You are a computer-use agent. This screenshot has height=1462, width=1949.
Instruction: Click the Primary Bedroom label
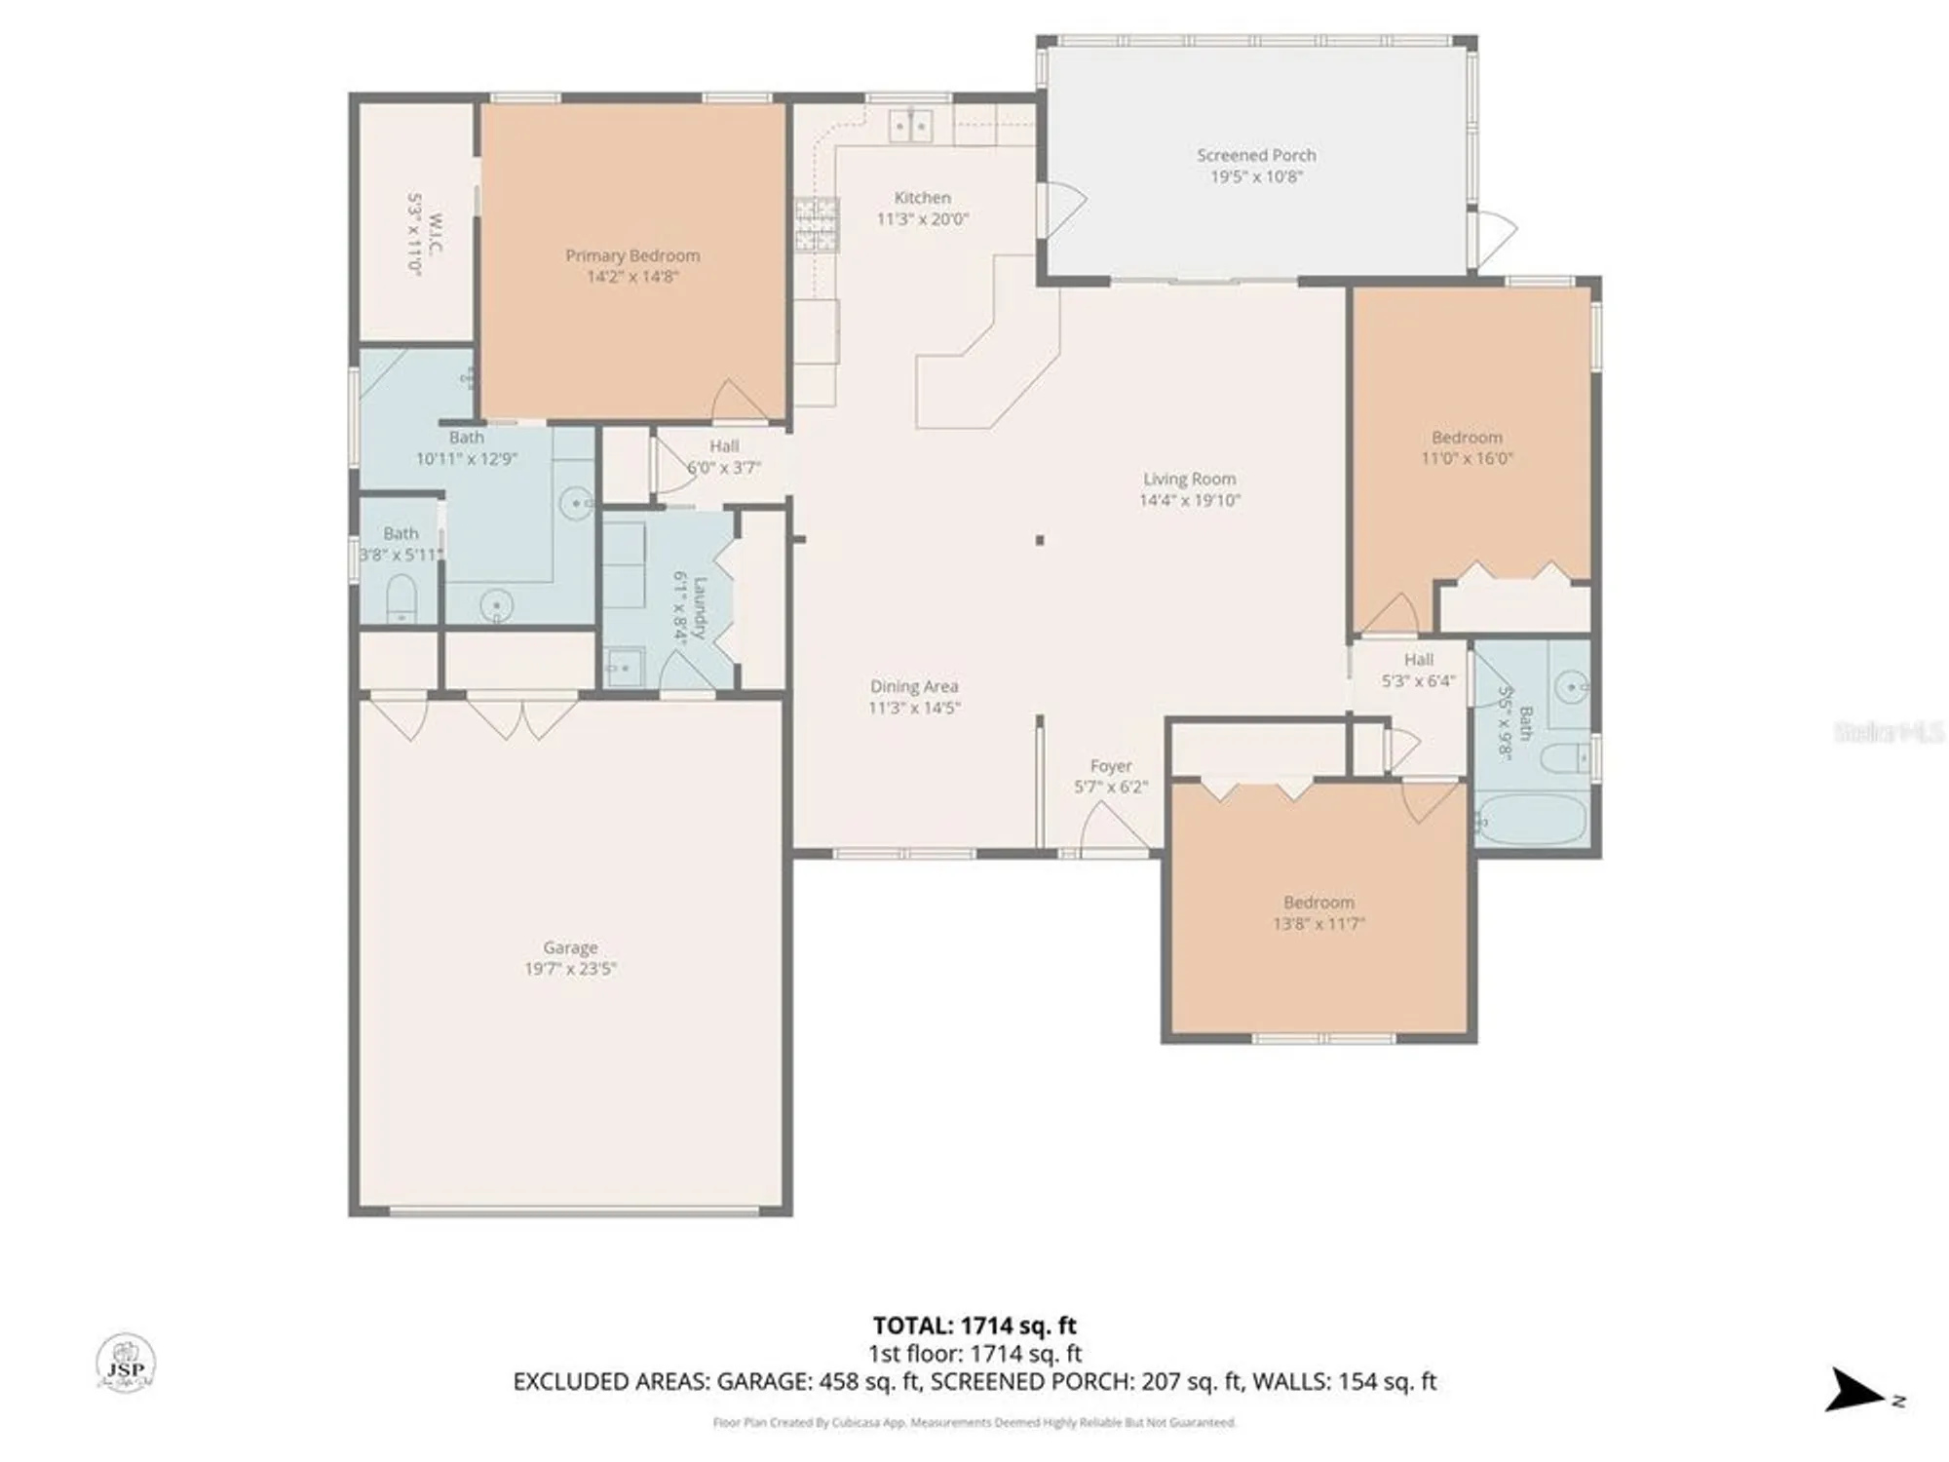pos(632,255)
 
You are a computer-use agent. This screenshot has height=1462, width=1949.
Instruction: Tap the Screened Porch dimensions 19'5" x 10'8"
pos(1256,176)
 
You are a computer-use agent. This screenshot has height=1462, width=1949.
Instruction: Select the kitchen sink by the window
pos(911,127)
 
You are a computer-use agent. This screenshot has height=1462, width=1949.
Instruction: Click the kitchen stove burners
pos(817,225)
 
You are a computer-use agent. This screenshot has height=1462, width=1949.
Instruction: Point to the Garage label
pos(570,947)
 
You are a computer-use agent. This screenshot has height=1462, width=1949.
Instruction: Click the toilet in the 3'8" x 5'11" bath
pos(401,596)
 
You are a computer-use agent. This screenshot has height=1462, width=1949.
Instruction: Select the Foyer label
pos(1111,766)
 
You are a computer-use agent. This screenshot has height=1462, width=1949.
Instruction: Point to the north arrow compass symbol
pos(1856,1391)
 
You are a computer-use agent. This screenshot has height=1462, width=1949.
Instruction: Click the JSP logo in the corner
pos(126,1363)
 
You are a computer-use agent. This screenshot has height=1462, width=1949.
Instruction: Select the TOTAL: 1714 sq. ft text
pos(974,1326)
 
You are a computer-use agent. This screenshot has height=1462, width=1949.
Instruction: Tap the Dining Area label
pos(913,686)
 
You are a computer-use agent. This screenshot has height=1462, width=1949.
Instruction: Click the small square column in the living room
pos(1040,540)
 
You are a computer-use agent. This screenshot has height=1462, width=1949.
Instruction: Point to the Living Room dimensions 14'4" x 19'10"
pos(1189,501)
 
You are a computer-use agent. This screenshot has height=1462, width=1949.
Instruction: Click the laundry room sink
pos(623,668)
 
